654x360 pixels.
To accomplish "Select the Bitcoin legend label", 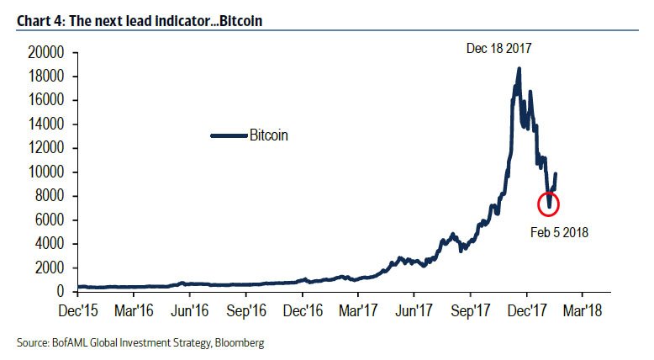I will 269,135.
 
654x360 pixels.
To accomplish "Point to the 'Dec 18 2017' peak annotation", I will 499,49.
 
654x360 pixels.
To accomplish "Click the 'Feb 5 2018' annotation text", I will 558,232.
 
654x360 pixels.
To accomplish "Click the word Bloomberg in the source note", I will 245,343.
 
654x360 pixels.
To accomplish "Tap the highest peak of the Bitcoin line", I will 519,69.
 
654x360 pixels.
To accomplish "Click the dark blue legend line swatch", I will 228,135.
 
